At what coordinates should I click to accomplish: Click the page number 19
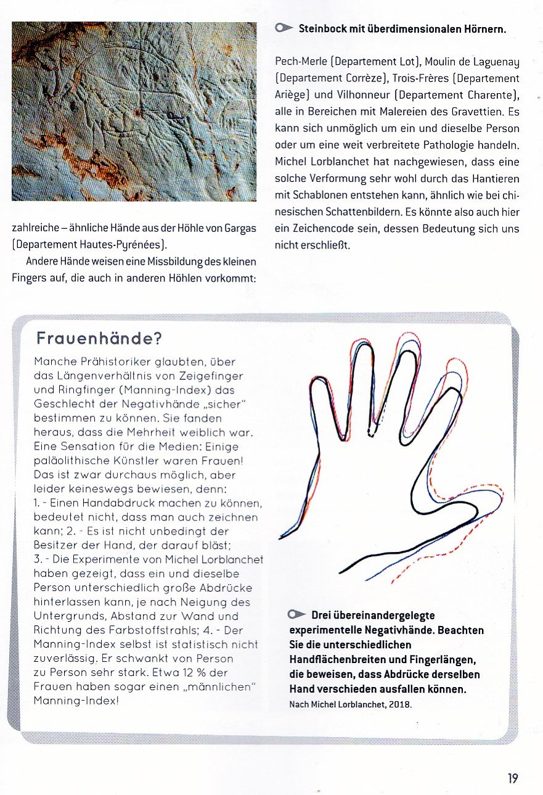[x=513, y=778]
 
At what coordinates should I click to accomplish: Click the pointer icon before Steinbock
[x=284, y=28]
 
